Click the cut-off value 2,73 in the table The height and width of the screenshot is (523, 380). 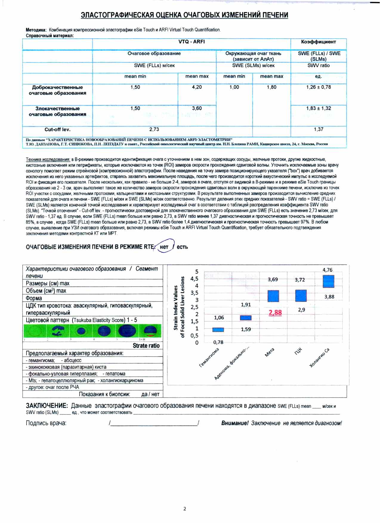154,129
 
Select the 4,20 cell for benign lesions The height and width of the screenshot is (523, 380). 197,87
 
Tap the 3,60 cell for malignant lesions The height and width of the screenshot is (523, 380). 197,108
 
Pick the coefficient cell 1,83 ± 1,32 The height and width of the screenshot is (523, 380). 319,108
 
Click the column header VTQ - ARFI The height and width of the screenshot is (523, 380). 191,42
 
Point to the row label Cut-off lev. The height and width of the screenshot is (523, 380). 57,129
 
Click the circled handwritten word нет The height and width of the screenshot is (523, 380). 164,247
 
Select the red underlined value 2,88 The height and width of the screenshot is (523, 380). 275,313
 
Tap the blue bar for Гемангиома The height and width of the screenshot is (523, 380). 218,330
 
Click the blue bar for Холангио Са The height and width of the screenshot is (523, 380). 328,281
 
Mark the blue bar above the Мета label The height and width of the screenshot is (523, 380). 273,296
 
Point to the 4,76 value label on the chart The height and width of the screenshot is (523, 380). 327,270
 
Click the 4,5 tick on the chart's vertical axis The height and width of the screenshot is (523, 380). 194,279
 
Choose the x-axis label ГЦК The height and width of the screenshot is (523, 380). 298,351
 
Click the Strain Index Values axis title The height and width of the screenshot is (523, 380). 176,307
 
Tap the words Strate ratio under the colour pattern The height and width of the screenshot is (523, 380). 146,345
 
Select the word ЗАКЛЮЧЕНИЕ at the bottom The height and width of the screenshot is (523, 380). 47,406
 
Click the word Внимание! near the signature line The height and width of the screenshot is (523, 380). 235,423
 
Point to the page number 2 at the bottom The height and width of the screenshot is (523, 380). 185,509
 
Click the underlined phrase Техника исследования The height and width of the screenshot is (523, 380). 48,159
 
